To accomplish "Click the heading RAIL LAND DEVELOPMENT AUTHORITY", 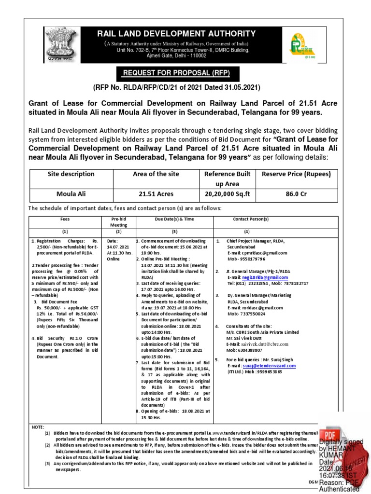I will (x=177, y=34).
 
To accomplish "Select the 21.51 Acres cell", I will (x=156, y=194).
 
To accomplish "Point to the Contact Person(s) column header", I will (x=250, y=219).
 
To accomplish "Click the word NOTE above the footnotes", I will (x=37, y=427).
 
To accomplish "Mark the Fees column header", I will (x=65, y=219).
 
